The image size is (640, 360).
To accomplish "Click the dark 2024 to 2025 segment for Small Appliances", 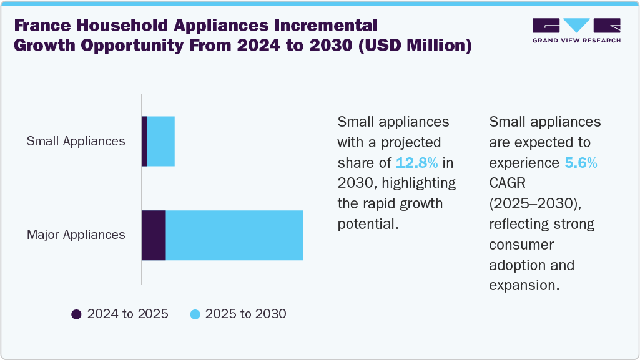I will tap(144, 141).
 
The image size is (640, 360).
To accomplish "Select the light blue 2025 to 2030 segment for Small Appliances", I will tap(161, 141).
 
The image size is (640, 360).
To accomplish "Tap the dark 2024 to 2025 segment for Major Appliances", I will tap(154, 235).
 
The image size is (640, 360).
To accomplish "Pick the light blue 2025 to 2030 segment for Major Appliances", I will tap(234, 235).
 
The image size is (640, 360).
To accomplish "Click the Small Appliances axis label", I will tap(76, 141).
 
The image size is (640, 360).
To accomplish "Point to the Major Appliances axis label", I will tap(76, 235).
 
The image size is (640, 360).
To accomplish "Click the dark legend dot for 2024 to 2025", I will tap(77, 314).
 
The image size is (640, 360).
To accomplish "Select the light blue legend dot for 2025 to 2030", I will tap(195, 314).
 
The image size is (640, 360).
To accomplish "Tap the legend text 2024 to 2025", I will tap(127, 314).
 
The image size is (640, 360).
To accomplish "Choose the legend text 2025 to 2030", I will tap(245, 314).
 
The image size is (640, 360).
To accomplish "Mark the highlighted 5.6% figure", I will tap(581, 163).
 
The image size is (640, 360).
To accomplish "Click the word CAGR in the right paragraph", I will tap(508, 183).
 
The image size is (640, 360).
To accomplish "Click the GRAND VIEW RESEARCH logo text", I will tap(576, 41).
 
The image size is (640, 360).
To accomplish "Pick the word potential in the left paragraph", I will tap(367, 224).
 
